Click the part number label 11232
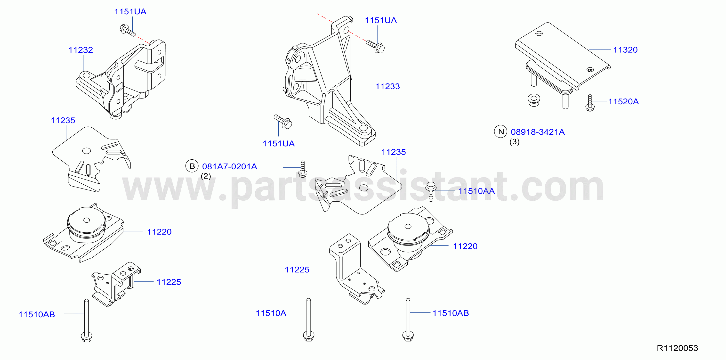pos(81,50)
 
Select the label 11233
pos(387,86)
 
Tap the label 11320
pos(625,50)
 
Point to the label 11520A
pos(623,101)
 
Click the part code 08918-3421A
pos(538,132)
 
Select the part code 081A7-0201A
pos(230,166)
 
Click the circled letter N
pos(501,132)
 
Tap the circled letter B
pos(192,166)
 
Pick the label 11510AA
pos(476,191)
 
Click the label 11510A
pos(271,313)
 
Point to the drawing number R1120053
pos(678,348)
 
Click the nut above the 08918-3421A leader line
pos(534,100)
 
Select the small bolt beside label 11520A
pos(590,103)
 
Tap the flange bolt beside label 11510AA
pos(431,192)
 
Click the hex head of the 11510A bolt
pos(309,336)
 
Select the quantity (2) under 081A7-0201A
pos(206,176)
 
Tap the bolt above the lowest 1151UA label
pos(283,122)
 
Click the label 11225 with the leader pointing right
pos(297,270)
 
